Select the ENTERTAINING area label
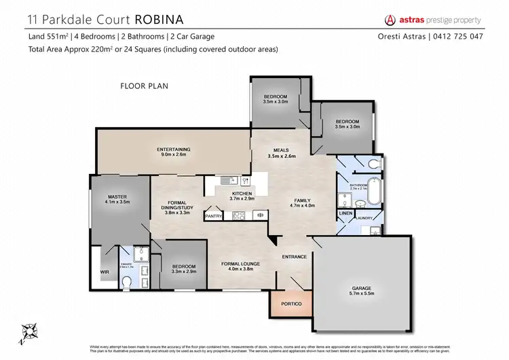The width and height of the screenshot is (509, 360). tap(174, 149)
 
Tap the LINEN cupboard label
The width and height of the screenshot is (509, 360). tap(345, 215)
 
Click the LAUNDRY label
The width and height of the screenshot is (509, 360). tap(367, 219)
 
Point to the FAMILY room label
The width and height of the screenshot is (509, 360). tap(303, 201)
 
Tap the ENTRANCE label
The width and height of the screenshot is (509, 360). tap(295, 257)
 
